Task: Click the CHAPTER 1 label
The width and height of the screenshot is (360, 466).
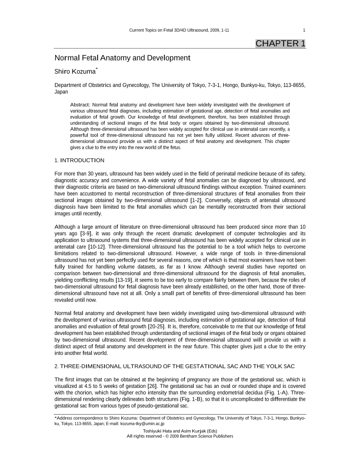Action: pyautogui.click(x=280, y=43)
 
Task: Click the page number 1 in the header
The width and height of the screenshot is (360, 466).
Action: pyautogui.click(x=304, y=30)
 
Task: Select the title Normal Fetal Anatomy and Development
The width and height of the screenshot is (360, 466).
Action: pyautogui.click(x=122, y=58)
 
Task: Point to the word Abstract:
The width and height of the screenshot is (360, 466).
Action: pyautogui.click(x=80, y=105)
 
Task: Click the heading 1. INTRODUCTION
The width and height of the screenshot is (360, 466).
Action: pyautogui.click(x=79, y=160)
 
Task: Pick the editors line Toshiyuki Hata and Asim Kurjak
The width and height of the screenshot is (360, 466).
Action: pyautogui.click(x=180, y=431)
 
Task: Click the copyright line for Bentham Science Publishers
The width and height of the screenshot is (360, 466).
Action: pyautogui.click(x=180, y=436)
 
